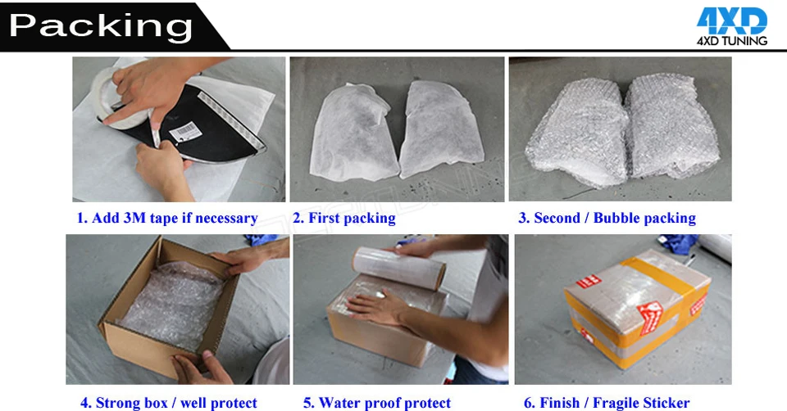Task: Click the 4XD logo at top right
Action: (731, 20)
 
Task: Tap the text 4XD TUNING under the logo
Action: (731, 40)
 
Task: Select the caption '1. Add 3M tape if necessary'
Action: (167, 218)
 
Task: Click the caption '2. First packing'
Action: (344, 218)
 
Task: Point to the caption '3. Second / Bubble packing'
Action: (607, 218)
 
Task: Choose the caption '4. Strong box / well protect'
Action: (168, 402)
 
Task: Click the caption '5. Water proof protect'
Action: (377, 402)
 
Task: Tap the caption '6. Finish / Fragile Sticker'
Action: (606, 402)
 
